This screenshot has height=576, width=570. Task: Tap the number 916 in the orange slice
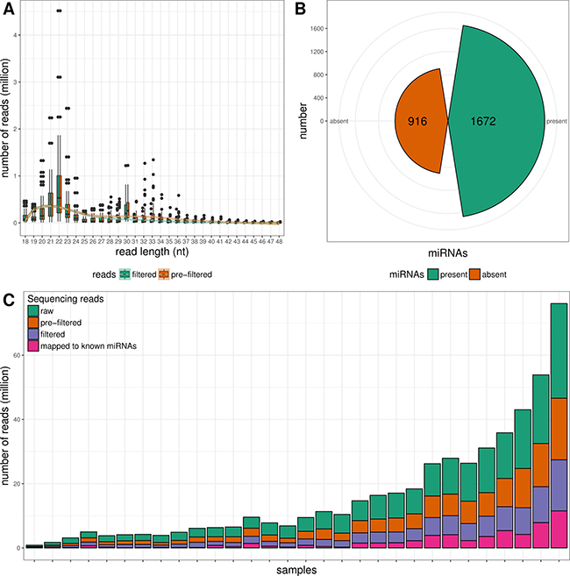(416, 121)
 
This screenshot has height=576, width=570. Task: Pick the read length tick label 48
(280, 238)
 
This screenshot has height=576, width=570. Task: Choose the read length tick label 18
(25, 238)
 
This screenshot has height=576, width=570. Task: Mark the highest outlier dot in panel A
(59, 11)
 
